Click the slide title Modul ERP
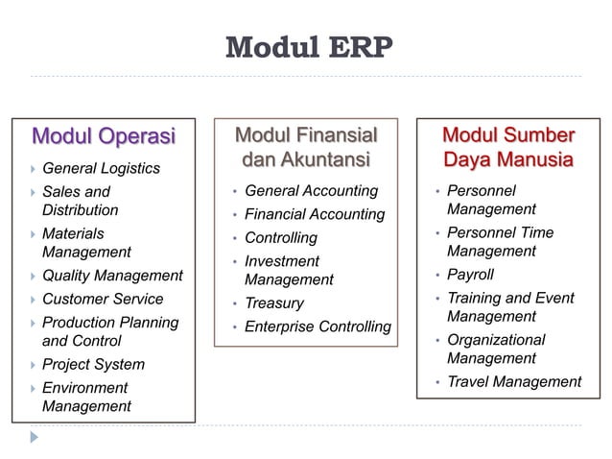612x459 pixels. (307, 47)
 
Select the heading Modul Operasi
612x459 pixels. (104, 135)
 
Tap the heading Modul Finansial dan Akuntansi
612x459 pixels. (306, 146)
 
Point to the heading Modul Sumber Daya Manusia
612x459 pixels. (507, 146)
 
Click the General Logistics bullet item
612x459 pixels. (101, 168)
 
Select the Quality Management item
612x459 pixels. (112, 276)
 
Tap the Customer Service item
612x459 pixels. (103, 299)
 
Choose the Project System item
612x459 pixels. (93, 364)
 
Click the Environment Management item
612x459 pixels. (86, 397)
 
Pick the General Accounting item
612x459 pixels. (311, 191)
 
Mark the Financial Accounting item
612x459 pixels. (315, 214)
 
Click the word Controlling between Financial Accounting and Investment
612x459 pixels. (280, 237)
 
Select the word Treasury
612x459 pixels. (273, 302)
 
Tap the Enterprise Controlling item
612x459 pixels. (318, 326)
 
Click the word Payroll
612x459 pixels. (470, 275)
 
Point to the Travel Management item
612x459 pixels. (514, 381)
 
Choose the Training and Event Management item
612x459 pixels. (510, 307)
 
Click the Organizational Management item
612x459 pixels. (495, 349)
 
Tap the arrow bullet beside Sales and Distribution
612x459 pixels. (32, 192)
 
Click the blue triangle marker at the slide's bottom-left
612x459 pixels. (35, 436)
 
